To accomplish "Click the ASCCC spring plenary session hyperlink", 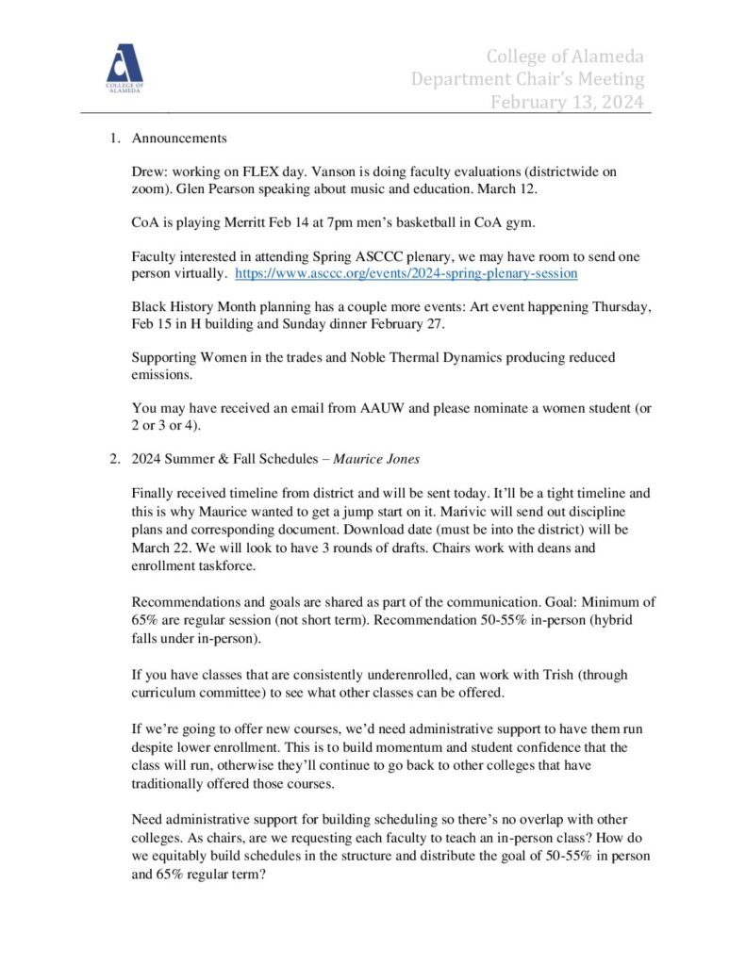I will tap(406, 273).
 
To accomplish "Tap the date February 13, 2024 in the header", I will tap(567, 102).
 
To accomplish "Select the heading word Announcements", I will tap(179, 139).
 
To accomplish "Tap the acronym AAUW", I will tap(386, 408).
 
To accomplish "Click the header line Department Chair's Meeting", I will tap(527, 79).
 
